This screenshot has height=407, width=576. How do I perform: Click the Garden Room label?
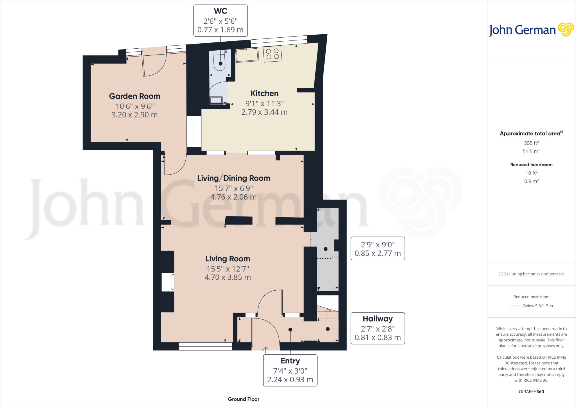(134, 96)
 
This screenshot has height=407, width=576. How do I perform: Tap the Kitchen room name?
(264, 93)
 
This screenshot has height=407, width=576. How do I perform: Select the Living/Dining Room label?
(233, 178)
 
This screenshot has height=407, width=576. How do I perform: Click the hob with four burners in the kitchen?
(272, 54)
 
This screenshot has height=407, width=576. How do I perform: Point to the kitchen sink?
(247, 55)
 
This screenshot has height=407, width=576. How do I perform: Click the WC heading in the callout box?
(220, 11)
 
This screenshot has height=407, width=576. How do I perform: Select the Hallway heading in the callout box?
(377, 319)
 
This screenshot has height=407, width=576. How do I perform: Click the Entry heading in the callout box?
(290, 361)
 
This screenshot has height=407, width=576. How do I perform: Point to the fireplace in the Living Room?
(168, 282)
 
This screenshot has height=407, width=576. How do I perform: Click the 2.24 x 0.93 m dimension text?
(290, 380)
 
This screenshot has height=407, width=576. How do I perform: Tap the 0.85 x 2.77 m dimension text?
(377, 254)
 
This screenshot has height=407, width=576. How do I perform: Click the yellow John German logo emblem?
(566, 30)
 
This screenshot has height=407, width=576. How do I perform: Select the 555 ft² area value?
(531, 143)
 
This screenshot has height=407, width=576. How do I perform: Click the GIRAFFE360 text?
(531, 392)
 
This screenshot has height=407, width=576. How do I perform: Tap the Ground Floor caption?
(244, 399)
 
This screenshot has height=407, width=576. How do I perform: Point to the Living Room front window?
(205, 346)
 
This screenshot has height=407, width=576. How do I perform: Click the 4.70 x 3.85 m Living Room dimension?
(228, 277)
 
